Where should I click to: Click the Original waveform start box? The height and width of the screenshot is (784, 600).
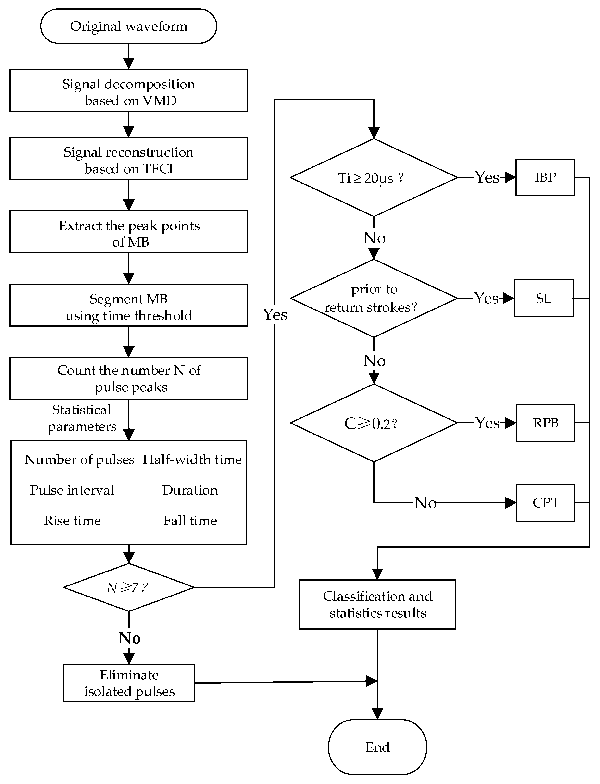[x=129, y=26]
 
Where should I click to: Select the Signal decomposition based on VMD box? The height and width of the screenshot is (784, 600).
[x=129, y=90]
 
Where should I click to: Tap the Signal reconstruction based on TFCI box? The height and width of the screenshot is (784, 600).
[x=129, y=159]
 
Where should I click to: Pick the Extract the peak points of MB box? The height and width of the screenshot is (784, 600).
[x=129, y=232]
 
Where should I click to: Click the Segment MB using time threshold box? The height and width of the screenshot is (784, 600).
[x=129, y=305]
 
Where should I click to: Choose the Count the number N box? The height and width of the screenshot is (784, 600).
[x=129, y=378]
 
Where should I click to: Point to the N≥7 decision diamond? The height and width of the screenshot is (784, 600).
[x=129, y=587]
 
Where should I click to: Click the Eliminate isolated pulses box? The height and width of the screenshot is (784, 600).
[x=129, y=683]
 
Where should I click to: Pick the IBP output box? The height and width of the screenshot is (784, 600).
[x=545, y=177]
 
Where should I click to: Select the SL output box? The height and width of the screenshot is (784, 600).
[x=544, y=298]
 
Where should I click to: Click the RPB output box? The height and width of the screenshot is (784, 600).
[x=545, y=423]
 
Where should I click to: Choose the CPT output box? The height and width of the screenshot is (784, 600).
[x=545, y=503]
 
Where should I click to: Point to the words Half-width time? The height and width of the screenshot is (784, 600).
[x=192, y=460]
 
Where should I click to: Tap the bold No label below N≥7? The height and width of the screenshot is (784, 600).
[x=129, y=638]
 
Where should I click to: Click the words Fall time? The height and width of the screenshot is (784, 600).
[x=190, y=521]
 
